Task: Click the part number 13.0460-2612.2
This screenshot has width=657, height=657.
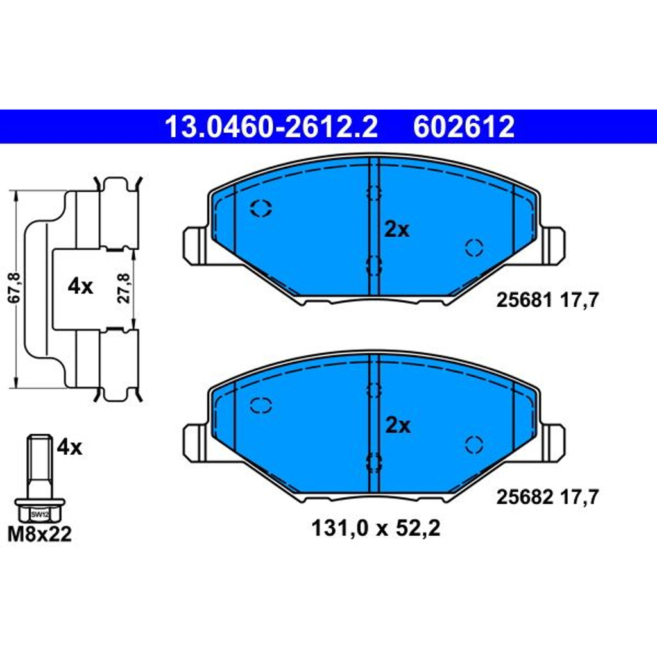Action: [271, 127]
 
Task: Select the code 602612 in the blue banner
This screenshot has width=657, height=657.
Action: [464, 127]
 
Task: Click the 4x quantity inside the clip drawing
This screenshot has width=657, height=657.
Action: [80, 287]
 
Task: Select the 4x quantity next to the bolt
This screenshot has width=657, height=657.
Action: [69, 447]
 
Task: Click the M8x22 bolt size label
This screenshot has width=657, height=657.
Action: [40, 534]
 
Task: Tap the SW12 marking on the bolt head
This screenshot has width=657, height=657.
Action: [40, 514]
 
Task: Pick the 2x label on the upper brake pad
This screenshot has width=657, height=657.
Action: [397, 230]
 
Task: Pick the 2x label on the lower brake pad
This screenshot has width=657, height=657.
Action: [397, 425]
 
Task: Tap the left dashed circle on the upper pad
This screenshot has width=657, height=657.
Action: [261, 208]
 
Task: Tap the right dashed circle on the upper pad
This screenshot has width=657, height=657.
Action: [474, 247]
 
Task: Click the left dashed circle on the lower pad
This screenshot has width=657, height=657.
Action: [261, 405]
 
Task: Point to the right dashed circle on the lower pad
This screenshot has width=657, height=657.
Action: [474, 443]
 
